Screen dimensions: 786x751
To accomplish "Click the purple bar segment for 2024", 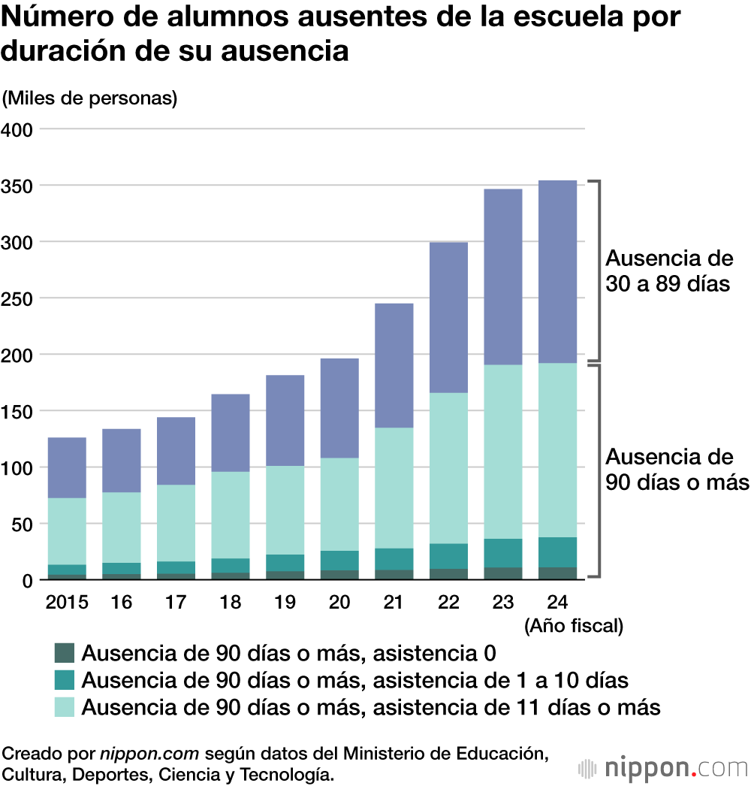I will pyautogui.click(x=557, y=271).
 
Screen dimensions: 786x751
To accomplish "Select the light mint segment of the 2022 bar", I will pyautogui.click(x=448, y=467).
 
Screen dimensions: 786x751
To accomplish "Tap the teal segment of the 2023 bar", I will pyautogui.click(x=503, y=553).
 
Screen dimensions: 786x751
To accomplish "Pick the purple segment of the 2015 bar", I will pyautogui.click(x=67, y=467).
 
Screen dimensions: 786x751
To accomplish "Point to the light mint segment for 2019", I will pyautogui.click(x=285, y=510).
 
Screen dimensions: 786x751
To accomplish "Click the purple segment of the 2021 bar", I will pyautogui.click(x=394, y=365).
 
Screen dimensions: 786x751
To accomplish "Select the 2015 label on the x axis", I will pyautogui.click(x=67, y=603).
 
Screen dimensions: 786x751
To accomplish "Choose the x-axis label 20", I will pyautogui.click(x=339, y=603).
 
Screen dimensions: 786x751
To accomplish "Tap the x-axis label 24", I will pyautogui.click(x=557, y=603).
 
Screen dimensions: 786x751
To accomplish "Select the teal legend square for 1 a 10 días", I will pyautogui.click(x=65, y=679).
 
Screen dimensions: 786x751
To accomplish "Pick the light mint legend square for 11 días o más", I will pyautogui.click(x=65, y=706).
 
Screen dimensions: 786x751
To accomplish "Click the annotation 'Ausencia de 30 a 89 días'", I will pyautogui.click(x=668, y=271).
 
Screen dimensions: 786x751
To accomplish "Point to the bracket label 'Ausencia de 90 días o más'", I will pyautogui.click(x=677, y=469).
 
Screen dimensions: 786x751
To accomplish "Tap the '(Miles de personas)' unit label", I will pyautogui.click(x=89, y=98).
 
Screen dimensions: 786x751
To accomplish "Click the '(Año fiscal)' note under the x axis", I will pyautogui.click(x=574, y=625).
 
